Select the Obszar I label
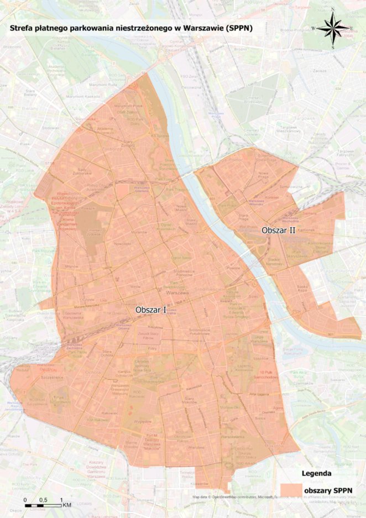151,311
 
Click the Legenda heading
316,473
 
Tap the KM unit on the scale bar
66,505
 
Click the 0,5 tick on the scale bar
43,500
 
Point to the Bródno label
240,49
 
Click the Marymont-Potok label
128,106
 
